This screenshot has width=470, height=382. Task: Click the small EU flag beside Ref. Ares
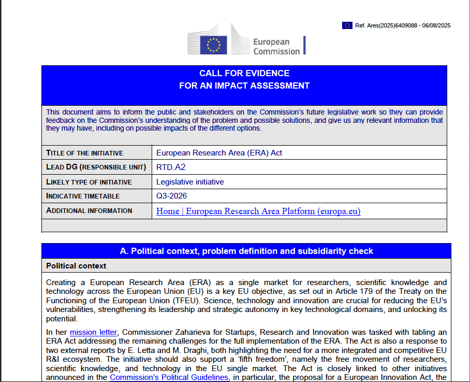(x=347, y=25)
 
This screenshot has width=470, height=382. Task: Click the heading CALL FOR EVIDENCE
(x=244, y=73)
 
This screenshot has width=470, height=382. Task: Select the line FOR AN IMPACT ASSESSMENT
(x=244, y=86)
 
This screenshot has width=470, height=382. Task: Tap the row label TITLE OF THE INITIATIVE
(x=85, y=153)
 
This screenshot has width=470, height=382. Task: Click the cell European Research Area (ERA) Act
(x=219, y=153)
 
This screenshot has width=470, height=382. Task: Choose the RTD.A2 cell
(x=171, y=167)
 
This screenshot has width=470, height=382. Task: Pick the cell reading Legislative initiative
(x=190, y=182)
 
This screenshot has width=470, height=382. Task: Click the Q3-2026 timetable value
(x=171, y=196)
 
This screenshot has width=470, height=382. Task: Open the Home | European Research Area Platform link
(x=258, y=211)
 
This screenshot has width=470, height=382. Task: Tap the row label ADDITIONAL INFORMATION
(x=89, y=211)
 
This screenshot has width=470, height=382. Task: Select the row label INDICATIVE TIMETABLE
(x=83, y=196)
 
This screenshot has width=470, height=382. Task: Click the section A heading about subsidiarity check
(x=246, y=251)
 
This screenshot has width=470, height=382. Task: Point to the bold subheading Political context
(x=76, y=266)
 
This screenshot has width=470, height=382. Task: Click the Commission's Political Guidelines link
(x=169, y=377)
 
